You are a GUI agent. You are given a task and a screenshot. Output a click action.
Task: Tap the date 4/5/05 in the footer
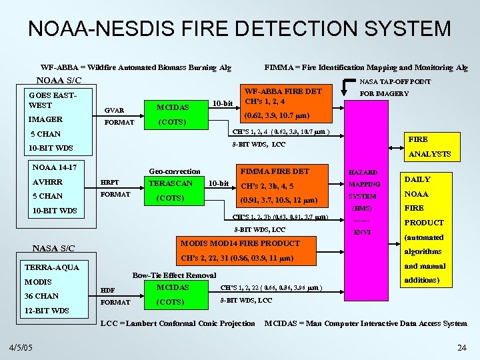23,347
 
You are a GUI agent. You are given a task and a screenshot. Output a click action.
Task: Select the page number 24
461,347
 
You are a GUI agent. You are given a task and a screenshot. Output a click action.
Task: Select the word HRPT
109,183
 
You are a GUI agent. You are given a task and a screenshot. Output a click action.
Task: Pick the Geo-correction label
174,171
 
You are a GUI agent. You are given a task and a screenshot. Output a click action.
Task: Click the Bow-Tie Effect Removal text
174,275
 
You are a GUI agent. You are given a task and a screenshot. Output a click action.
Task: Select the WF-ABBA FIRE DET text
283,91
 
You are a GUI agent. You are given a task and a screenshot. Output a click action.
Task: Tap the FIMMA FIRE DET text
274,171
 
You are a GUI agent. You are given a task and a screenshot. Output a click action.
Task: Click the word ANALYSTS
429,154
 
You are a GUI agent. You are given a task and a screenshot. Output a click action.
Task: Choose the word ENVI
363,233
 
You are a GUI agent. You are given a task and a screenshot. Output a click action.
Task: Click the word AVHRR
47,182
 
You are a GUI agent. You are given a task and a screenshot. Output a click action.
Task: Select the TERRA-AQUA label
52,267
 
